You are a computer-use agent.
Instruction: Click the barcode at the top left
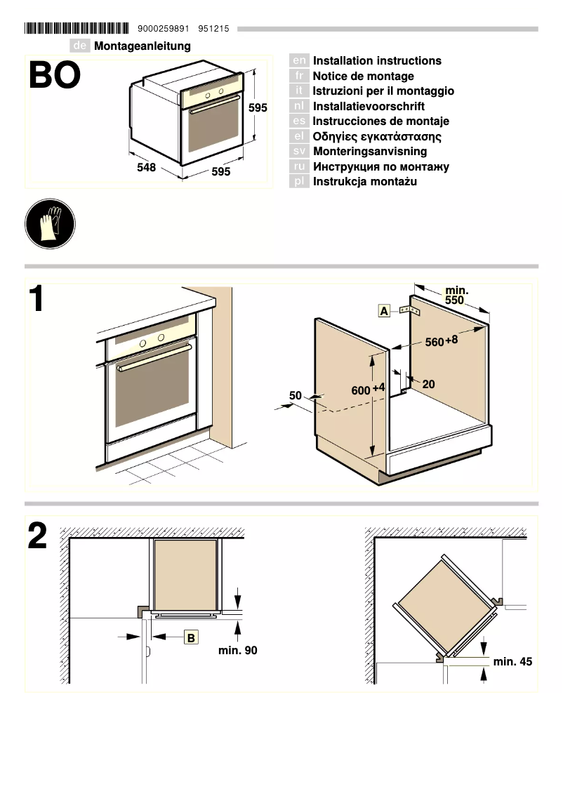(77, 29)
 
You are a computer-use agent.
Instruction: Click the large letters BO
(55, 77)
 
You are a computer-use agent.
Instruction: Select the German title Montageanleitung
(143, 46)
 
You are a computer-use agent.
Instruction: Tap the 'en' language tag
(299, 61)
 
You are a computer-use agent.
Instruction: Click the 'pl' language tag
(299, 182)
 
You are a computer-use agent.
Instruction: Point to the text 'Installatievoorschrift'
(369, 107)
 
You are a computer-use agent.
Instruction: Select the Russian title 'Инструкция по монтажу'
(380, 167)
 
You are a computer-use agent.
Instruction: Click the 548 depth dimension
(146, 168)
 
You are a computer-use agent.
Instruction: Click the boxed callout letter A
(384, 310)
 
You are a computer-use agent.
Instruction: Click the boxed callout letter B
(191, 637)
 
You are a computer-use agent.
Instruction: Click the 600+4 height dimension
(368, 390)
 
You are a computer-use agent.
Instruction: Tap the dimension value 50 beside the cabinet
(296, 396)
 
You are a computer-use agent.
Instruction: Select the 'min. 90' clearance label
(238, 651)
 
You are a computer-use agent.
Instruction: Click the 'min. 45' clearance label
(512, 661)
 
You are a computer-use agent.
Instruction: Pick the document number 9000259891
(164, 29)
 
